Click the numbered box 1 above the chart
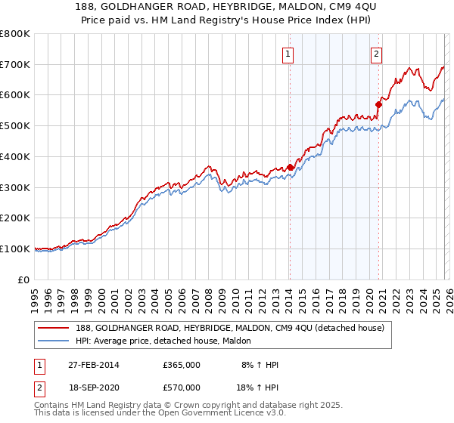[x=289, y=54]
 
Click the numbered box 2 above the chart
[x=376, y=54]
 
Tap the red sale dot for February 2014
[x=291, y=168]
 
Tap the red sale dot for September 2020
[x=379, y=104]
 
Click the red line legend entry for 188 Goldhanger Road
[x=219, y=328]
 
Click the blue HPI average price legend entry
[x=168, y=341]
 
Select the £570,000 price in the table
[x=182, y=387]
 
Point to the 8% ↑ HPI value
[x=259, y=365]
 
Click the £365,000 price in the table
[x=182, y=365]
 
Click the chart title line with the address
[x=227, y=8]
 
